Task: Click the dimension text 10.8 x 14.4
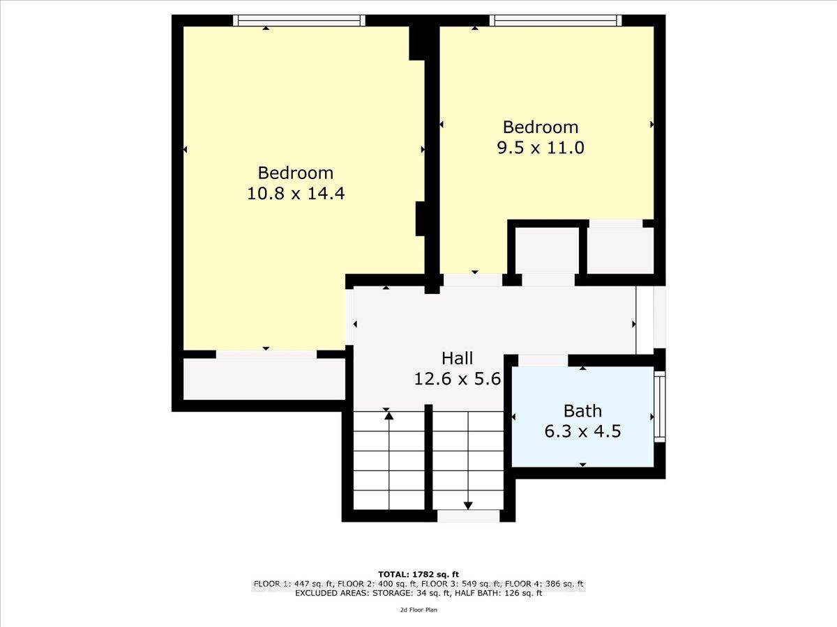tap(296, 194)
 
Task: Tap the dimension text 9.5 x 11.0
tap(541, 148)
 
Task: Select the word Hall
tap(457, 358)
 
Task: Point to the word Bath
tap(582, 411)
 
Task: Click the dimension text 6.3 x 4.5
tap(582, 432)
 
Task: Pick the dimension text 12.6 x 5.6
tap(457, 379)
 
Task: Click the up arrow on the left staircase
tap(389, 416)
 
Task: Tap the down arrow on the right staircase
tap(468, 505)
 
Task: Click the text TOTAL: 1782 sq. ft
tap(418, 575)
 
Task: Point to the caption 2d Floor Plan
tap(418, 610)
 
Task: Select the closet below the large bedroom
tap(264, 380)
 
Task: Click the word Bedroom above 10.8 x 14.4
tap(296, 173)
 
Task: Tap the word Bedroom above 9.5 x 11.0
tap(541, 127)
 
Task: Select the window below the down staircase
tap(468, 516)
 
